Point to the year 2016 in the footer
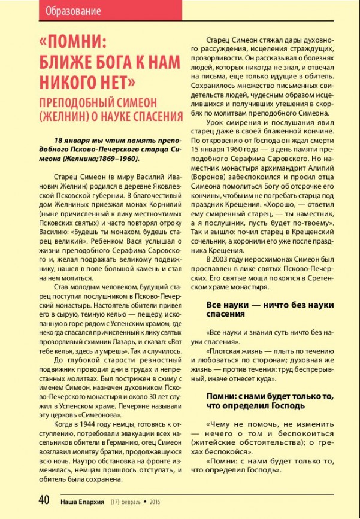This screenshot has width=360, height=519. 155,502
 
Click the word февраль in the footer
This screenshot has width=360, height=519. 126,502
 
